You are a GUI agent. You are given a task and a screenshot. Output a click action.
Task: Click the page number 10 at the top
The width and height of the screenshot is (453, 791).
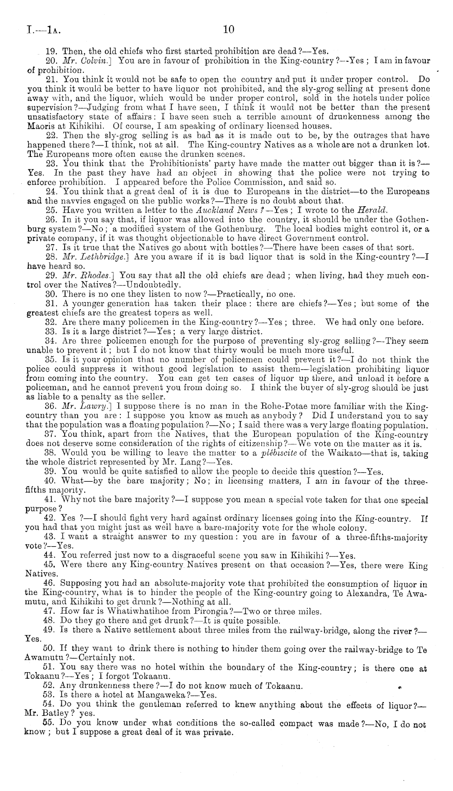coord(229,29)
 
